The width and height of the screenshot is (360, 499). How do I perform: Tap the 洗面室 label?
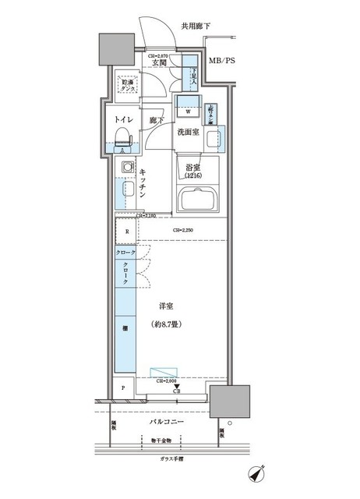coord(189,133)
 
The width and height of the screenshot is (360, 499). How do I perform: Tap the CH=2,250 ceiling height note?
coord(184,230)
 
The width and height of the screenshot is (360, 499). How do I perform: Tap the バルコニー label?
coord(166,423)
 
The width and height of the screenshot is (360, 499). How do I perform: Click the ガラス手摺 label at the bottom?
coord(167,459)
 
